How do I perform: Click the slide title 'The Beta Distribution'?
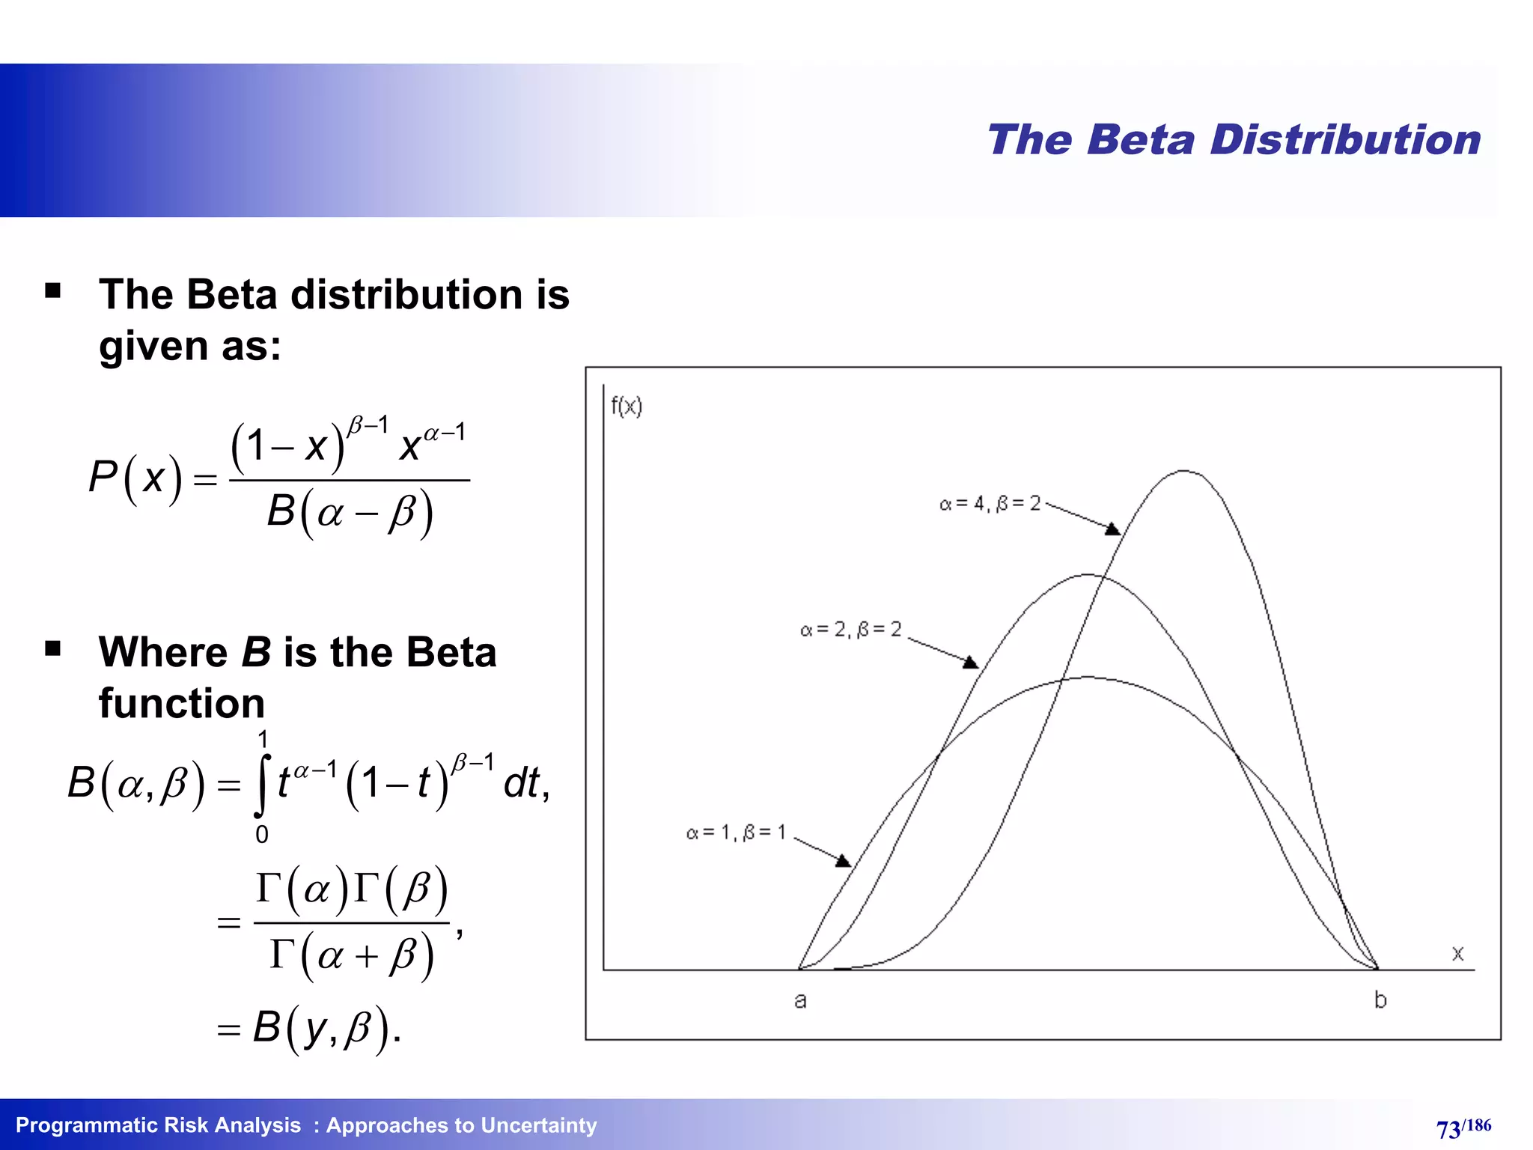click(1234, 140)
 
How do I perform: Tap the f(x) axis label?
click(627, 407)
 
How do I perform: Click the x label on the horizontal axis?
click(1457, 953)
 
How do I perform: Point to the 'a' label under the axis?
click(800, 1000)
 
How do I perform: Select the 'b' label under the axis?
click(1380, 1000)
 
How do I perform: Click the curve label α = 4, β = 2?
click(990, 504)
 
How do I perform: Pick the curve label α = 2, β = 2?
click(850, 630)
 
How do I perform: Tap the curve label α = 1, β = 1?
click(736, 833)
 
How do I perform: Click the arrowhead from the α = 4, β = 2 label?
click(1113, 529)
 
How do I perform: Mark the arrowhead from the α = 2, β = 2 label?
click(971, 663)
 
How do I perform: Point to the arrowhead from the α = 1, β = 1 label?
click(844, 861)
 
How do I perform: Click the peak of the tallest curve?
click(1183, 471)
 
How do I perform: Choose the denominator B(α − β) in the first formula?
click(350, 514)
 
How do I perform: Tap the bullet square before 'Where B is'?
click(52, 648)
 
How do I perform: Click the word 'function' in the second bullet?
click(182, 704)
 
